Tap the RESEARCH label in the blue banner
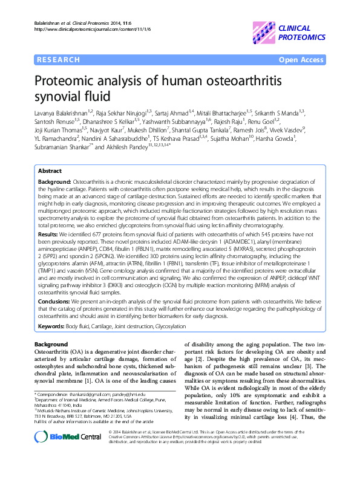tap(58, 60)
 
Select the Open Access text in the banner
tap(301, 60)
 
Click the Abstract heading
tap(50, 171)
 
